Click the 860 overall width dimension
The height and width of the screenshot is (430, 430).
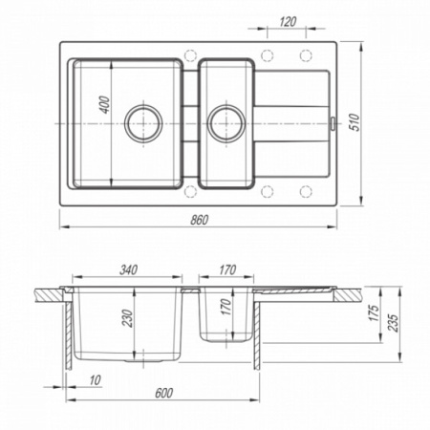[x=200, y=220]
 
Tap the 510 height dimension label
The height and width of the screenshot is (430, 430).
[x=355, y=122]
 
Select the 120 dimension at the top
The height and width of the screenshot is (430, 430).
[x=288, y=22]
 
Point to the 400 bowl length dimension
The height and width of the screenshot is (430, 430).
[x=105, y=104]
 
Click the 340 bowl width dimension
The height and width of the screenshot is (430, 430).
[x=128, y=269]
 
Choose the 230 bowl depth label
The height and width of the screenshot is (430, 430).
[x=128, y=318]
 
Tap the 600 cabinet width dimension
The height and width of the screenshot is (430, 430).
[x=163, y=393]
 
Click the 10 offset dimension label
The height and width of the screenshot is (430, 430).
[x=95, y=379]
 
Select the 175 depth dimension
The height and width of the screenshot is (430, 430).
[x=375, y=312]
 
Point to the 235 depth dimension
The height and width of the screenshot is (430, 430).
[x=394, y=323]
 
